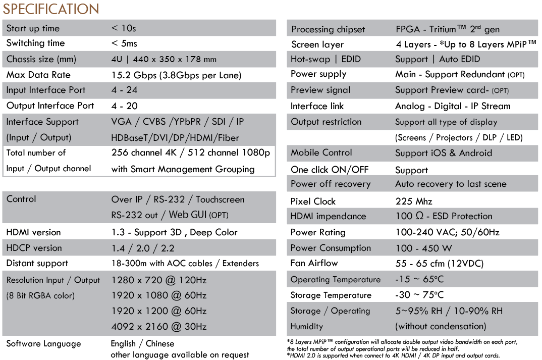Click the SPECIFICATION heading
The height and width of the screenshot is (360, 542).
pos(51,9)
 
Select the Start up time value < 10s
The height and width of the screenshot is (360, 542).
pos(124,28)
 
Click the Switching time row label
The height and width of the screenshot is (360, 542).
pos(35,43)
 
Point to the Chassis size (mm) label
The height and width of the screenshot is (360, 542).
pos(41,59)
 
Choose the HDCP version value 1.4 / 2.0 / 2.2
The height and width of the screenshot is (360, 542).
pos(142,248)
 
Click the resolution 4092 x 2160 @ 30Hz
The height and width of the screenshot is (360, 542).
pos(159,327)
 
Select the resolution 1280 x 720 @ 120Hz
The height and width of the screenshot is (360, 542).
pos(159,280)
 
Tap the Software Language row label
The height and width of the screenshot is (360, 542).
pos(43,344)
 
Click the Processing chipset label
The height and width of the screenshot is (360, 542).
pos(328,29)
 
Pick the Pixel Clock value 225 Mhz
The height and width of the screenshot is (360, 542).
pos(414,201)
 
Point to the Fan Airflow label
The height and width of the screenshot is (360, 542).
pos(314,263)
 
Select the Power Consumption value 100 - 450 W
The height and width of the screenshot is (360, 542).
pos(423,248)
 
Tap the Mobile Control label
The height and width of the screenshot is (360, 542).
pos(321,152)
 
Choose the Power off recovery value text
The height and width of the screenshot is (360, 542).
pos(451,184)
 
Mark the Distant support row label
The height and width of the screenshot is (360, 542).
pos(37,263)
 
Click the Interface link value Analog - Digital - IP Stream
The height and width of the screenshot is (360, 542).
pos(453,106)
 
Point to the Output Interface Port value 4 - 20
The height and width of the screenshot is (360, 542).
pos(124,106)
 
